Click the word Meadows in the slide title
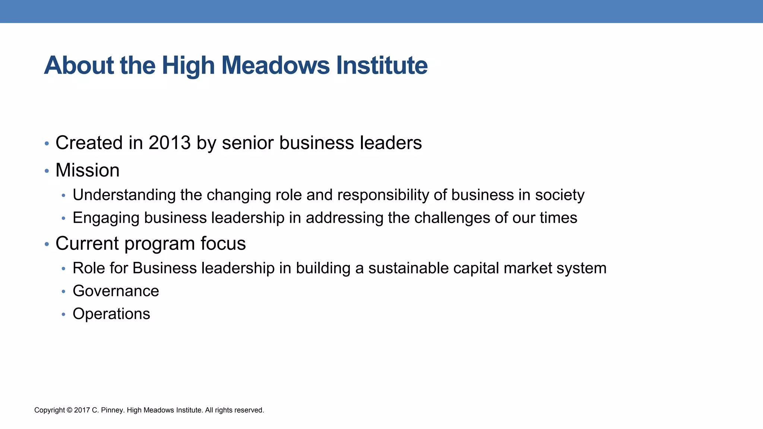click(x=276, y=66)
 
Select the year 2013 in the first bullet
click(x=170, y=143)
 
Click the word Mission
click(x=88, y=171)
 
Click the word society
click(x=560, y=195)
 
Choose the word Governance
click(x=116, y=291)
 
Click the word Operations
click(x=111, y=314)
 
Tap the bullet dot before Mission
click(x=47, y=171)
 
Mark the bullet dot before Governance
click(x=64, y=292)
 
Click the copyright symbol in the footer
click(x=70, y=410)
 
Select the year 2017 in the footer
click(x=82, y=410)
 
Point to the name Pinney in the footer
click(x=112, y=410)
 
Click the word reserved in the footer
click(x=249, y=410)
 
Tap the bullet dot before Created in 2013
click(x=47, y=143)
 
